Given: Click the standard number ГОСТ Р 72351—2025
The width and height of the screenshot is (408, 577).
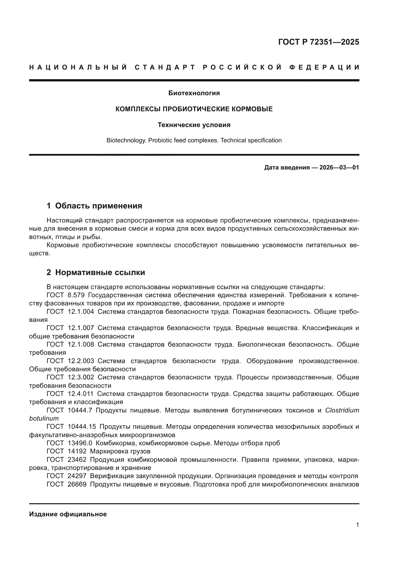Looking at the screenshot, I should (x=318, y=42).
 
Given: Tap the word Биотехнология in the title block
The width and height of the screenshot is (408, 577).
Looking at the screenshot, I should (x=194, y=93).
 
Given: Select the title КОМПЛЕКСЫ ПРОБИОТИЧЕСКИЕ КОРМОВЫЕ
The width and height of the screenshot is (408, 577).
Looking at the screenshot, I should (x=194, y=109).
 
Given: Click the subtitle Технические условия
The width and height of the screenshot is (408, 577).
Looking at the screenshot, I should (x=194, y=125).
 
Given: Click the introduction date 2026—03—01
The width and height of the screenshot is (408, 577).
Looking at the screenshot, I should (x=339, y=168).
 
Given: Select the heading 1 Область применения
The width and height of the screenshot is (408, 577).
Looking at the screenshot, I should (x=94, y=206).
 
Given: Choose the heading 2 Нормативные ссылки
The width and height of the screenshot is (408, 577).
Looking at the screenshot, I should (x=96, y=272).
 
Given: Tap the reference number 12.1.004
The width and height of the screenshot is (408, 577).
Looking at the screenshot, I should (x=81, y=312).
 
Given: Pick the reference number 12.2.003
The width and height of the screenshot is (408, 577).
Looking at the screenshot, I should (x=81, y=361).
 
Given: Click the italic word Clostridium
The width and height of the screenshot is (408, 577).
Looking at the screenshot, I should (x=342, y=410).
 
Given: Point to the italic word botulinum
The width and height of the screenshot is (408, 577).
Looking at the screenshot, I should (x=44, y=418).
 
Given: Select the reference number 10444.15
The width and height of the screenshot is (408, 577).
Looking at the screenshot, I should (x=82, y=427).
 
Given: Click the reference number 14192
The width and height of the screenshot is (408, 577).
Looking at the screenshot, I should (x=77, y=451).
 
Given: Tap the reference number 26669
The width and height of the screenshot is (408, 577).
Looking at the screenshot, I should (x=77, y=484).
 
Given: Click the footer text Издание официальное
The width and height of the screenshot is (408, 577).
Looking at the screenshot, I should (x=68, y=514).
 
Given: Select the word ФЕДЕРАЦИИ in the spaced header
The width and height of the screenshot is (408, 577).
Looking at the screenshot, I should (x=324, y=67).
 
